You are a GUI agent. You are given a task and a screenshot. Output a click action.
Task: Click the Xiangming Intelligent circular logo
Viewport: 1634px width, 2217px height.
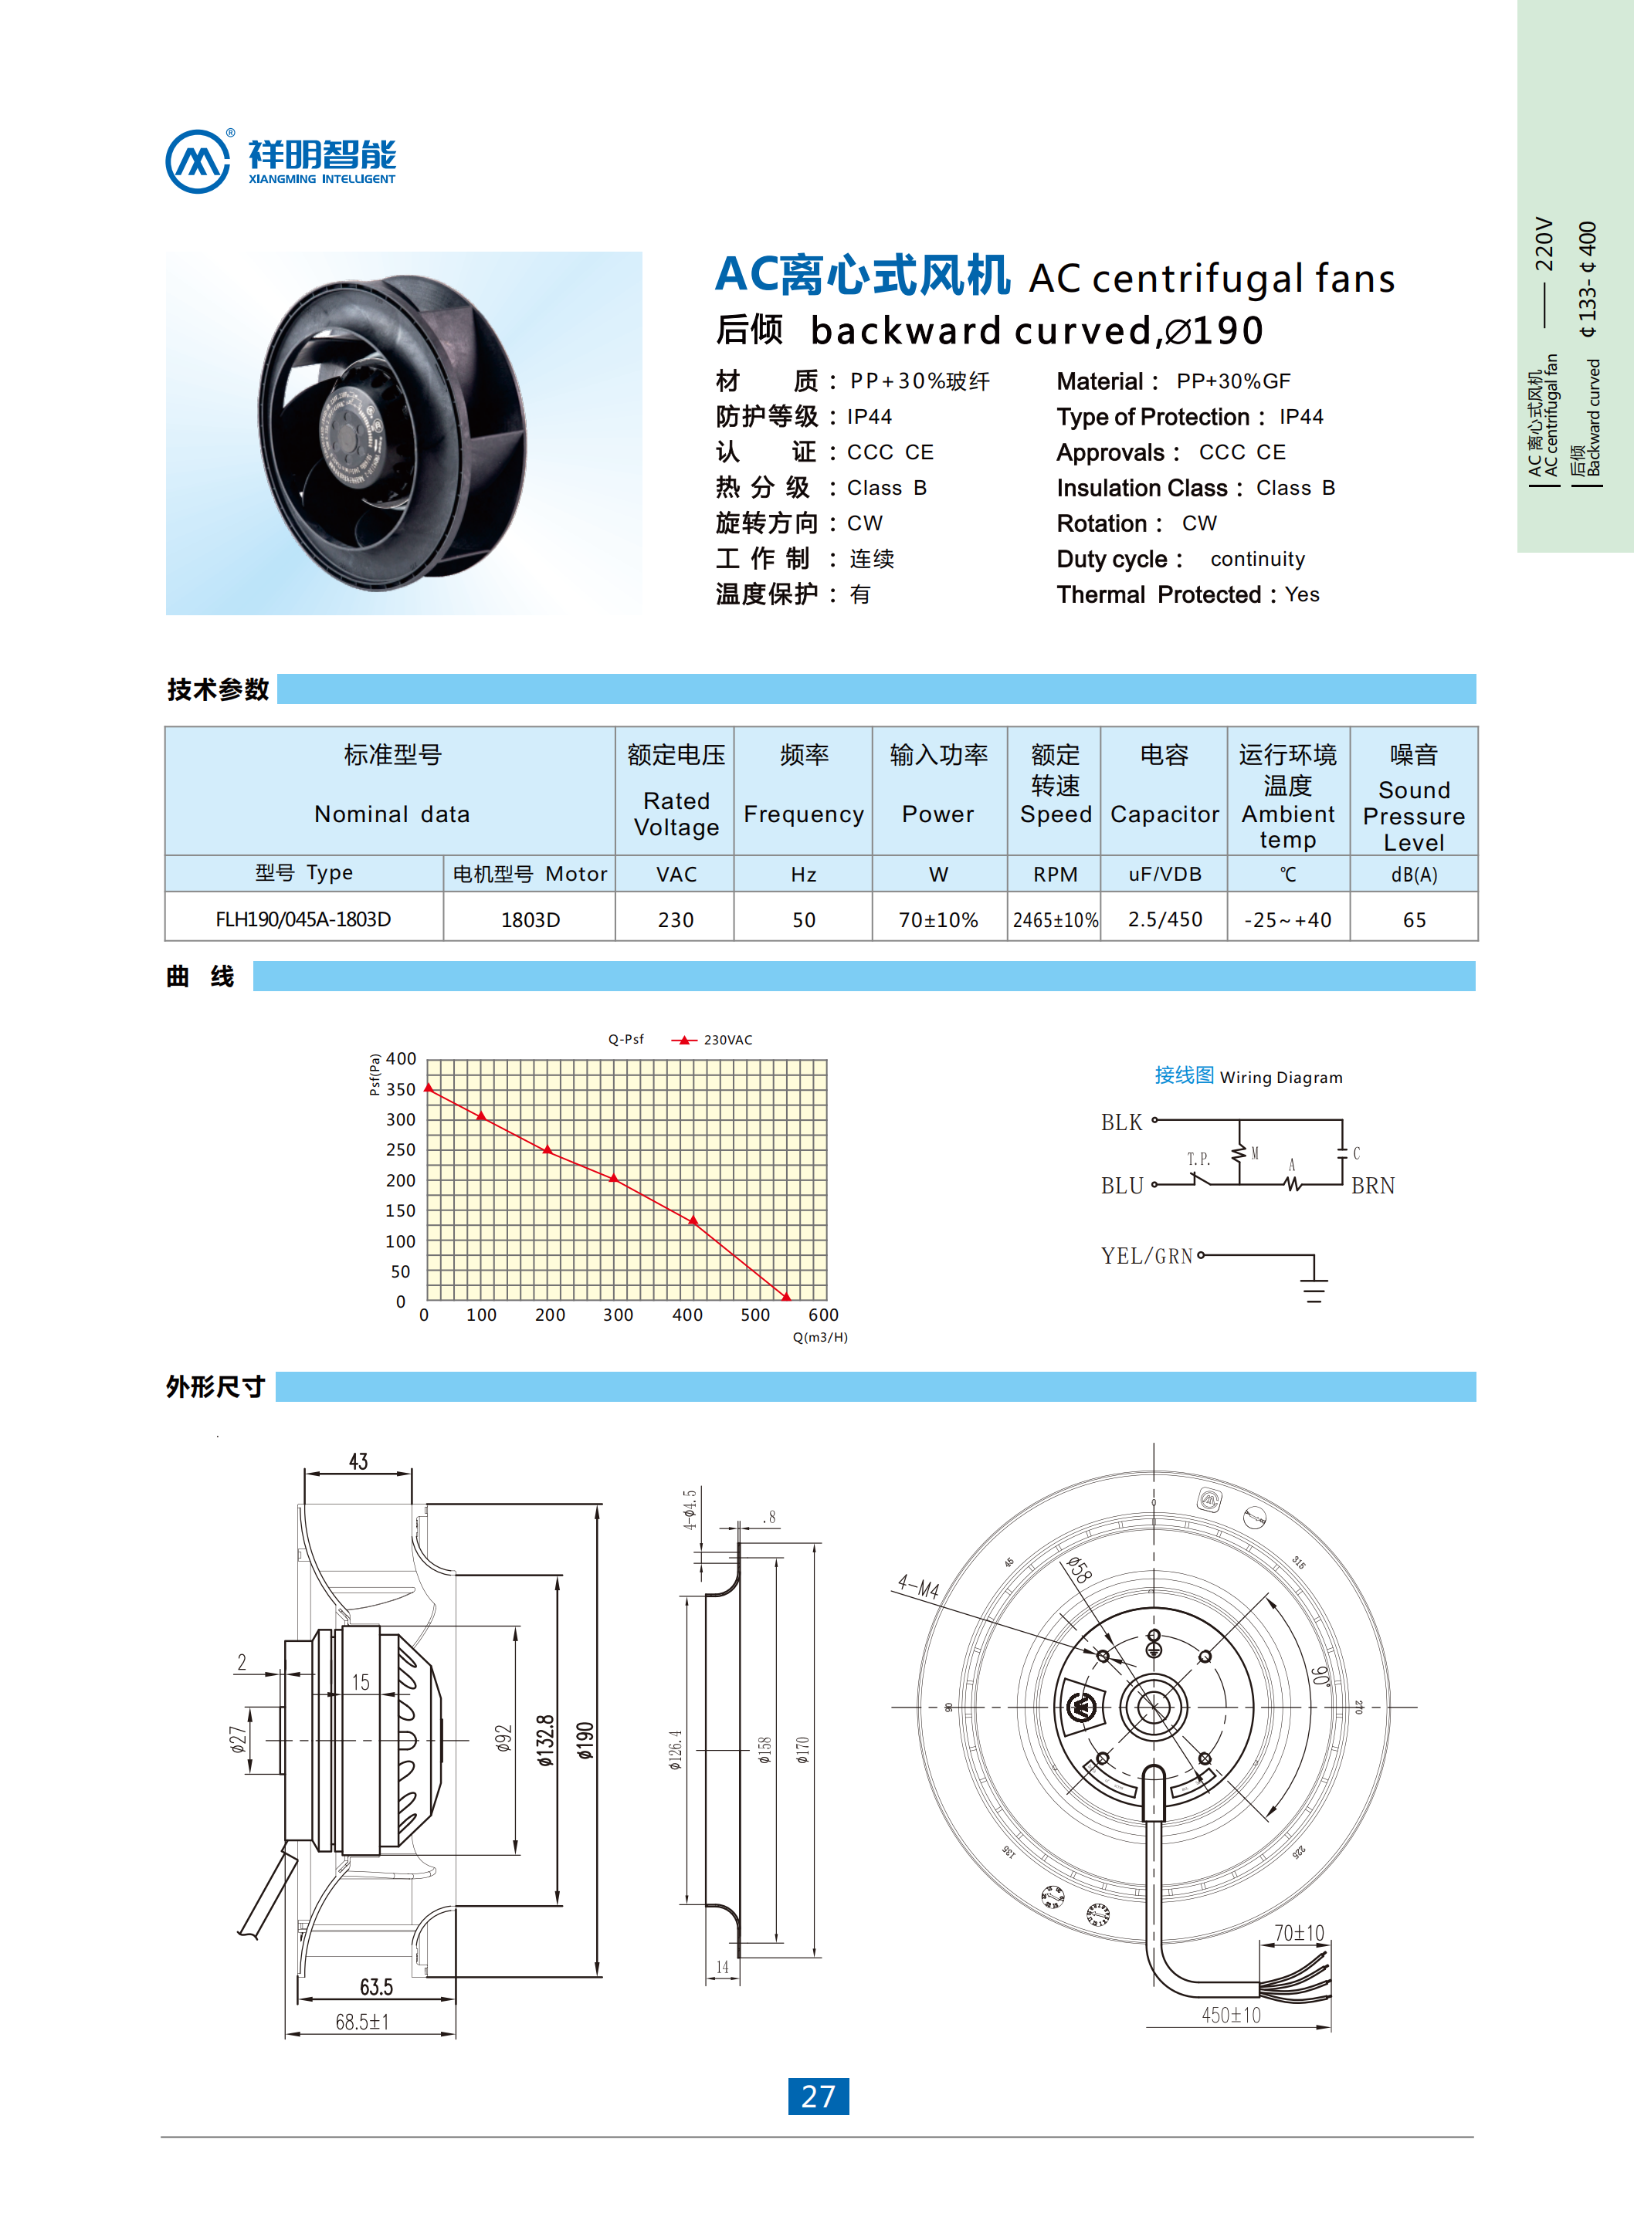coord(198,161)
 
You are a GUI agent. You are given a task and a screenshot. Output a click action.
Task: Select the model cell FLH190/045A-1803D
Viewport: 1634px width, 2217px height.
coord(303,919)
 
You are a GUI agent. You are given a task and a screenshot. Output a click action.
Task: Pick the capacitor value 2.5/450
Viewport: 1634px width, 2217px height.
coord(1165,919)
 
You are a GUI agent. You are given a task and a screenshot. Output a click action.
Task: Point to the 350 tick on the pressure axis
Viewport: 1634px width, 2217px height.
coord(401,1088)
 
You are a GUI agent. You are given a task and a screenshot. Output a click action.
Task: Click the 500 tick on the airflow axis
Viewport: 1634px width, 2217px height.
coord(754,1314)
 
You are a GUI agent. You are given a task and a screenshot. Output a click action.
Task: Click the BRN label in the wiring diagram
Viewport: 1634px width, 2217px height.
coord(1372,1186)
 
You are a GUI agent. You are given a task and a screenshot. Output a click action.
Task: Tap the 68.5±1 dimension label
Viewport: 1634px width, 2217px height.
coord(362,2021)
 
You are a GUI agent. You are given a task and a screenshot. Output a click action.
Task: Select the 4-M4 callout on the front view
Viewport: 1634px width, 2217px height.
coord(918,1587)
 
